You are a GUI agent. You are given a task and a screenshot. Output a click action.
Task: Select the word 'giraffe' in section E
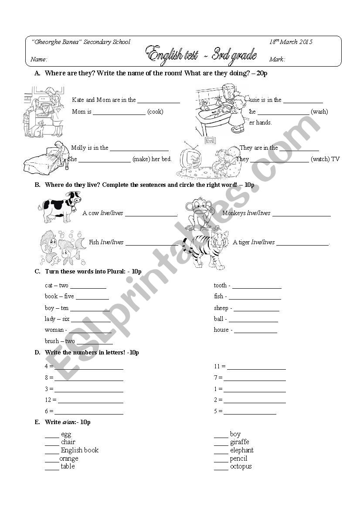(x=240, y=442)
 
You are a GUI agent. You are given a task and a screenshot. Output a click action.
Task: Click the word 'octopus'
(x=241, y=466)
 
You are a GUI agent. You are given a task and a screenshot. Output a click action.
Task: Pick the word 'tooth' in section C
(x=220, y=286)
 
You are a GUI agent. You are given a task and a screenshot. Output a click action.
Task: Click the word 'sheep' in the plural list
(x=221, y=308)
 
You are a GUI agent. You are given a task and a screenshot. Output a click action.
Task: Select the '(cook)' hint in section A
(x=155, y=112)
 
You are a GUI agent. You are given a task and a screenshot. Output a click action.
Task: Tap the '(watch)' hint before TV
(x=320, y=159)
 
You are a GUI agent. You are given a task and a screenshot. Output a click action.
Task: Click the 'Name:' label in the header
(x=39, y=59)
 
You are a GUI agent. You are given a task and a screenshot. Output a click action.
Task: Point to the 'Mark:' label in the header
(x=277, y=59)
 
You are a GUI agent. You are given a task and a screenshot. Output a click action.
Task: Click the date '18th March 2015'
(x=291, y=42)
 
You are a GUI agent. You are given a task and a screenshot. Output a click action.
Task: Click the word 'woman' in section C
(x=54, y=330)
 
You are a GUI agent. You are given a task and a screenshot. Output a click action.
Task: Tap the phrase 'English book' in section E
(x=80, y=450)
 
